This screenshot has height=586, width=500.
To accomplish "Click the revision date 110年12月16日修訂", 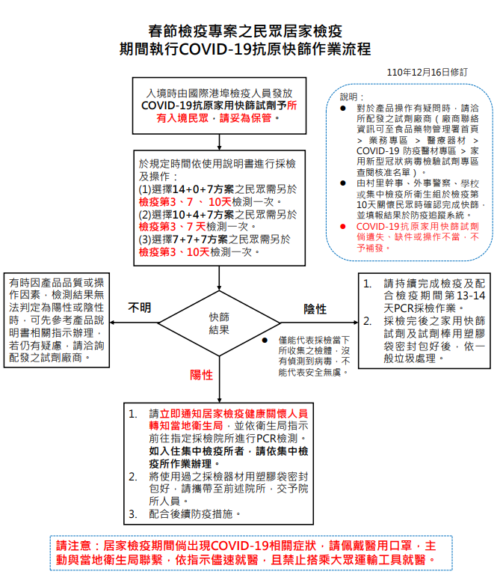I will pos(428,72).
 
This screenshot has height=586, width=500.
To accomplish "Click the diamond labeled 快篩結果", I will pos(218,323).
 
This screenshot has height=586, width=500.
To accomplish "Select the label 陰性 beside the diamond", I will pos(315,309).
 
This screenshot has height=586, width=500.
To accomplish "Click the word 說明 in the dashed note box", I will pos(351,97).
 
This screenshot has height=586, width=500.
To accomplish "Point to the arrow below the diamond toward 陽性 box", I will pos(218,389).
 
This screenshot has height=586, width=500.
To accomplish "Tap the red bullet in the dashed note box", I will pos(342,226).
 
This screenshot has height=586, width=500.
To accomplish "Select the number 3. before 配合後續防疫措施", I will pos(132,514).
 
